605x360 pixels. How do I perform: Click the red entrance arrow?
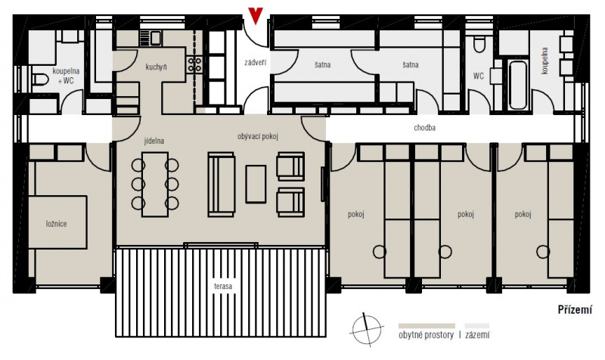coord(256,15)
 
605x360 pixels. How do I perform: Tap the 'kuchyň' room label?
coord(157,67)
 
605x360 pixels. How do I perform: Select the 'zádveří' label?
coord(256,62)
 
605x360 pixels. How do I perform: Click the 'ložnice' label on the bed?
coord(56,224)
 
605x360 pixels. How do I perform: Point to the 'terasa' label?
coord(223,287)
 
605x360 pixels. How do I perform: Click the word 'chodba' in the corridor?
coord(425,128)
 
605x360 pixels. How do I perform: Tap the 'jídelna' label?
coord(154,141)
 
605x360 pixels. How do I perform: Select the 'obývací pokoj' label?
coord(258,136)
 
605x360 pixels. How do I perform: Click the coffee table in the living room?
coord(256,184)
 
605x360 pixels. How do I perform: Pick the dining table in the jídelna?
coord(155,185)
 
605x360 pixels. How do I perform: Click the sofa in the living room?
coord(222,184)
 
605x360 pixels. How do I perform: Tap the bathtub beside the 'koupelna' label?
coord(517,85)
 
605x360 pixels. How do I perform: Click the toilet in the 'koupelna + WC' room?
coord(40,79)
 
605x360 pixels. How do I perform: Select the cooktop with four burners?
coord(195,64)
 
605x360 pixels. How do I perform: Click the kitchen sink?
coord(156,37)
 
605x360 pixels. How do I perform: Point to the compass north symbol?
coord(367,329)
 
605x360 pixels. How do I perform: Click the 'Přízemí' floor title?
coord(575,310)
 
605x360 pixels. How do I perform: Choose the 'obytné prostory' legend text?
coord(426,335)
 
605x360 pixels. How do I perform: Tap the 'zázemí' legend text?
coord(477,335)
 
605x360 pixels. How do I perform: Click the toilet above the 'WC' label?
coord(479,45)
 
